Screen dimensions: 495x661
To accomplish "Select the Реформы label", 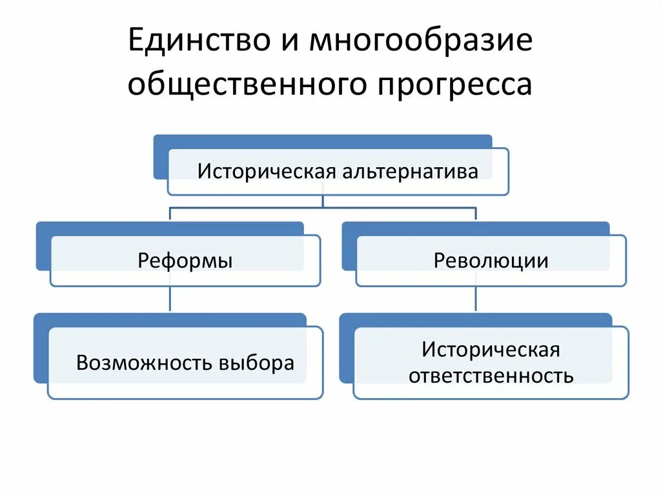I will pyautogui.click(x=185, y=260).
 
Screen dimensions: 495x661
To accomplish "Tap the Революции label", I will pyautogui.click(x=491, y=260).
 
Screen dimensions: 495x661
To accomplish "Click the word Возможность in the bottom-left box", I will pyautogui.click(x=143, y=362).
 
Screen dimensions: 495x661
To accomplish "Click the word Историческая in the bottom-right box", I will pyautogui.click(x=491, y=350).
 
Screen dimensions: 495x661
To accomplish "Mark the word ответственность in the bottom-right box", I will pyautogui.click(x=491, y=376).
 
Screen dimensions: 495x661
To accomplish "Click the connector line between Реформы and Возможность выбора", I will pyautogui.click(x=170, y=299).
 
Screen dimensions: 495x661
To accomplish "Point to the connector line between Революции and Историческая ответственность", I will pyautogui.click(x=476, y=299).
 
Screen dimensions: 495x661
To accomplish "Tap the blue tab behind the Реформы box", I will pyautogui.click(x=43, y=248).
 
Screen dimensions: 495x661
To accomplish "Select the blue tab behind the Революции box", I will pyautogui.click(x=348, y=248).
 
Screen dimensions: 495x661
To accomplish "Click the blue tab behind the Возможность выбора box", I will pyautogui.click(x=40, y=349).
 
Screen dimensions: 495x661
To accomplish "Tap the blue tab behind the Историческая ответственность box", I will pyautogui.click(x=346, y=349).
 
